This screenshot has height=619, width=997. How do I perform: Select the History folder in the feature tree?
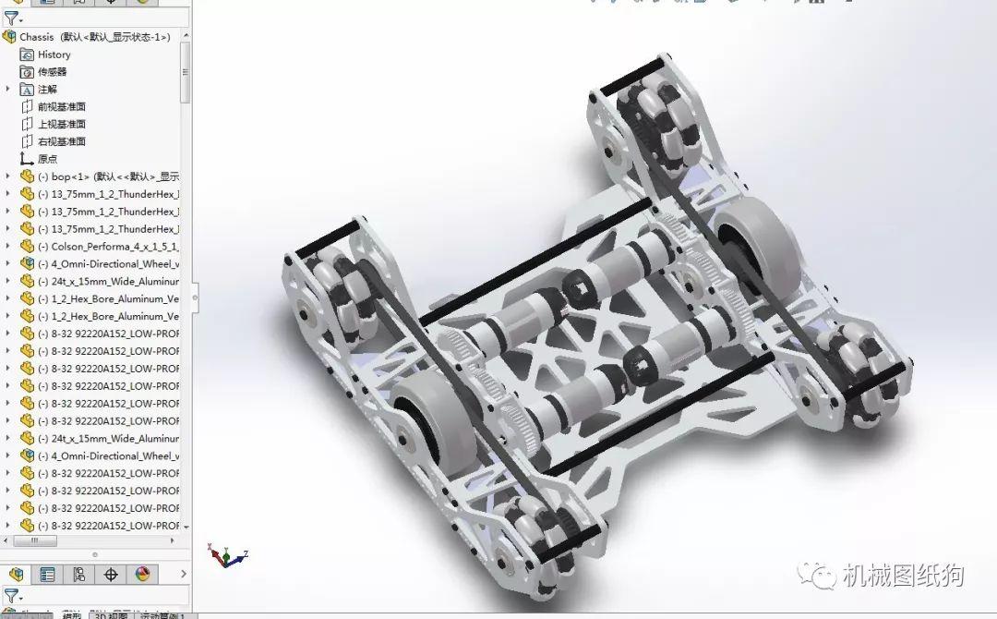54,55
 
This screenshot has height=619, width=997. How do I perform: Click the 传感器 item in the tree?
52,72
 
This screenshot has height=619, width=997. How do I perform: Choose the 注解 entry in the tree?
47,90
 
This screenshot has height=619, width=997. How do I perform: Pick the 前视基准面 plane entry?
61,107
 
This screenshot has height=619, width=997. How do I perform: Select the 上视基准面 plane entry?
61,125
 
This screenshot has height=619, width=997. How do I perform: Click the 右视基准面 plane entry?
61,142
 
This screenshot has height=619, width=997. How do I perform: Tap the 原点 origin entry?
47,159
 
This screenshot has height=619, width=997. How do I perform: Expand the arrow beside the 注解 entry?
8,90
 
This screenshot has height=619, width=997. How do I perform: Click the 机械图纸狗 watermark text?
903,577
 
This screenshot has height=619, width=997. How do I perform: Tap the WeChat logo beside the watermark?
818,577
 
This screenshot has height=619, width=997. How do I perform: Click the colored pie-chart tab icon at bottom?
142,575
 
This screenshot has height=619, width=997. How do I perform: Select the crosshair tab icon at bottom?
111,575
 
